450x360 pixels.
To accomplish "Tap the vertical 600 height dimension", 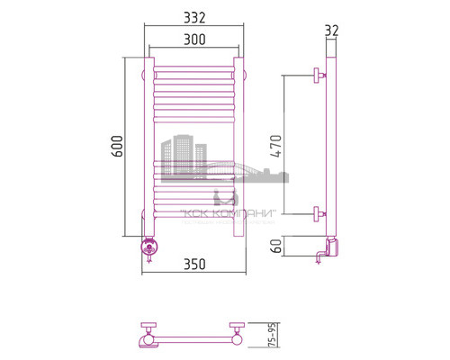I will pyautogui.click(x=116, y=148).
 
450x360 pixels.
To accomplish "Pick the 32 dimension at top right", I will pyautogui.click(x=331, y=31).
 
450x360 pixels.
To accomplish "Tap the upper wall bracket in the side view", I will pyautogui.click(x=318, y=76).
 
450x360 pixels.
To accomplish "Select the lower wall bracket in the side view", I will pyautogui.click(x=318, y=213).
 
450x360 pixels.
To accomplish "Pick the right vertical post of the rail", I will pyautogui.click(x=239, y=144).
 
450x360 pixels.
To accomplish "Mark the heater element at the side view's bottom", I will pyautogui.click(x=329, y=248).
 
